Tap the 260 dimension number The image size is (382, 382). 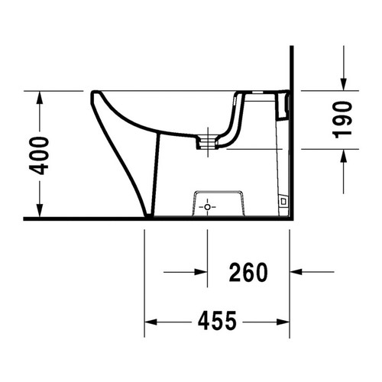[x=248, y=271]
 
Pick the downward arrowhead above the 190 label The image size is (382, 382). [x=343, y=86]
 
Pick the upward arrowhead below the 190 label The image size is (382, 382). [x=343, y=153]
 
